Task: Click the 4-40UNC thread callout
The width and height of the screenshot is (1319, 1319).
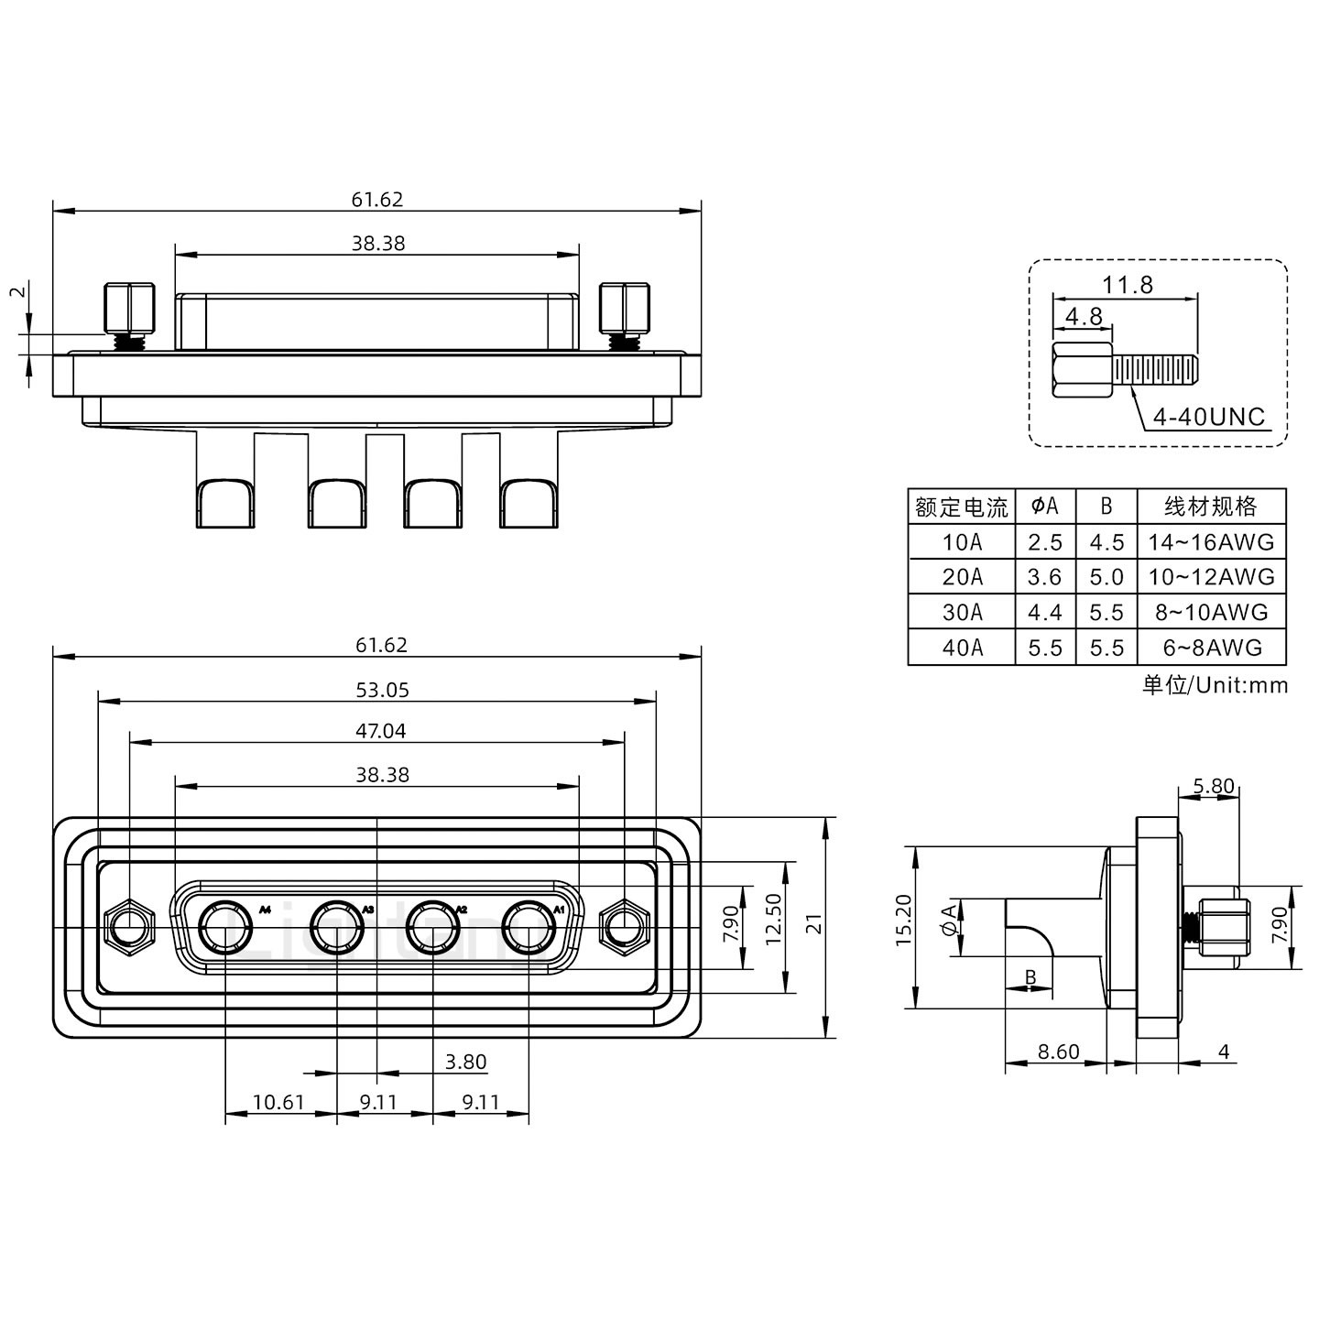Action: [1208, 418]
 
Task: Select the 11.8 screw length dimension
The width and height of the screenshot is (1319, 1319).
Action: [1127, 285]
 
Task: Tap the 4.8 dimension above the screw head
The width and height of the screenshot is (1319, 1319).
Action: [1083, 317]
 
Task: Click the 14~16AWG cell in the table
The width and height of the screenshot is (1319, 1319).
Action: [1211, 542]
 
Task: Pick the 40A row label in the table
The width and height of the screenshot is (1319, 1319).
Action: [962, 648]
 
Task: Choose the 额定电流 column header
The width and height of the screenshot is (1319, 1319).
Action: [962, 507]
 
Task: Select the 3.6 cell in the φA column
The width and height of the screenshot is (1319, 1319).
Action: [1044, 577]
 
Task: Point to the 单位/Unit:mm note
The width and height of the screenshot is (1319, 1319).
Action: [1215, 684]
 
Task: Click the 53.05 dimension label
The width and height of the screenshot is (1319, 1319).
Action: [382, 690]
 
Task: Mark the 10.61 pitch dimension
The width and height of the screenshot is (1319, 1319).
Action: [278, 1102]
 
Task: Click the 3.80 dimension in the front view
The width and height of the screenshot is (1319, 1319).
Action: [465, 1063]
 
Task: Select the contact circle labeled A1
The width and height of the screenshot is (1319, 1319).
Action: [529, 928]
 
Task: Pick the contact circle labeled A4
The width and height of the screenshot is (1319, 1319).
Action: [225, 928]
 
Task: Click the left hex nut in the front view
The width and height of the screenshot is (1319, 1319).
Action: [129, 928]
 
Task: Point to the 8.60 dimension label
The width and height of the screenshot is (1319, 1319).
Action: [1058, 1052]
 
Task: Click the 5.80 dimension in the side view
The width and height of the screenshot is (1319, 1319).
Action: [1214, 786]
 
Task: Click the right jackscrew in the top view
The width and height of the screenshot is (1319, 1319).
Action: [625, 311]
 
